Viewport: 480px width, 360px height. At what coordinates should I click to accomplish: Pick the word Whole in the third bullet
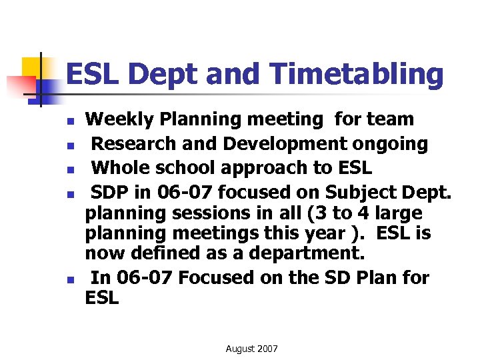(119, 167)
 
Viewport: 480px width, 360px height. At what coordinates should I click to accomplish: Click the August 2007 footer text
(252, 349)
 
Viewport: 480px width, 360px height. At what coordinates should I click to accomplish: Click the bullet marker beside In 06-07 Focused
(69, 279)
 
